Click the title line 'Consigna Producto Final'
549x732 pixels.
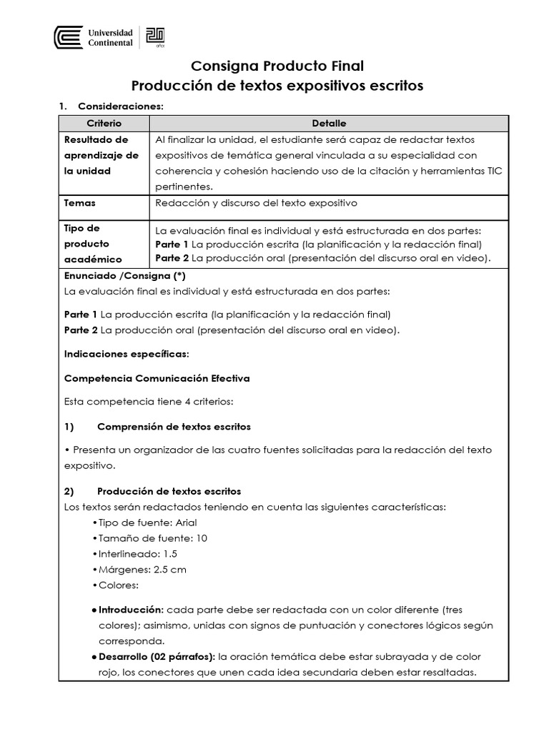(277, 66)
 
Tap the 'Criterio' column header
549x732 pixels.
(104, 124)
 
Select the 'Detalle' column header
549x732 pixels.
(329, 124)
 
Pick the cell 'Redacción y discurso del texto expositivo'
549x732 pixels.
(256, 203)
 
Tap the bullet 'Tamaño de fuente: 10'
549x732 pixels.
(149, 538)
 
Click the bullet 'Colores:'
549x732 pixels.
(119, 585)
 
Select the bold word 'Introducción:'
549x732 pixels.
(131, 610)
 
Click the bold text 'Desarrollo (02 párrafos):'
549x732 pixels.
(157, 656)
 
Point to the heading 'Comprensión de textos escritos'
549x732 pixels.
(174, 427)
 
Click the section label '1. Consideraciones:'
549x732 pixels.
(112, 107)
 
